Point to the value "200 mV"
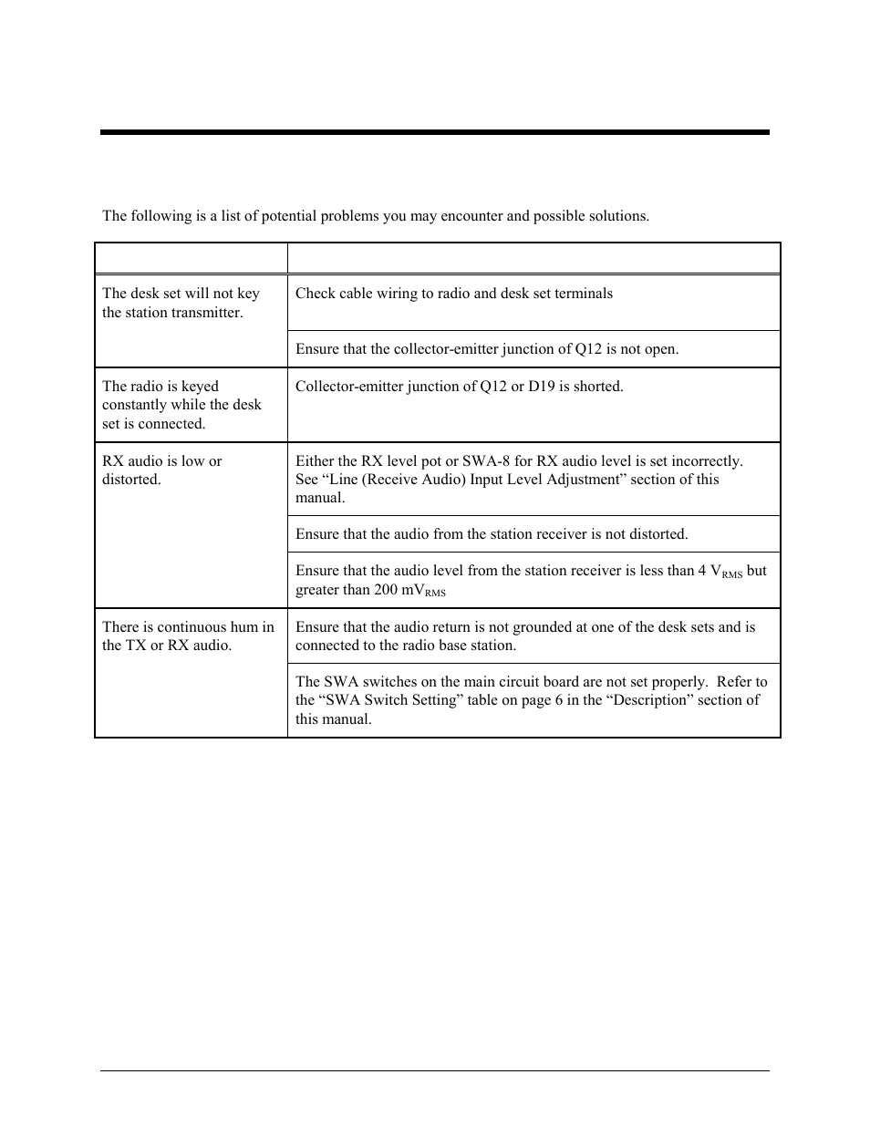click(398, 590)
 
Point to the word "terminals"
click(581, 294)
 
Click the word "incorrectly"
click(704, 461)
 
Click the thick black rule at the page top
click(434, 132)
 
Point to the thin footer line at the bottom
click(434, 1070)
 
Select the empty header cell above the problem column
click(191, 258)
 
